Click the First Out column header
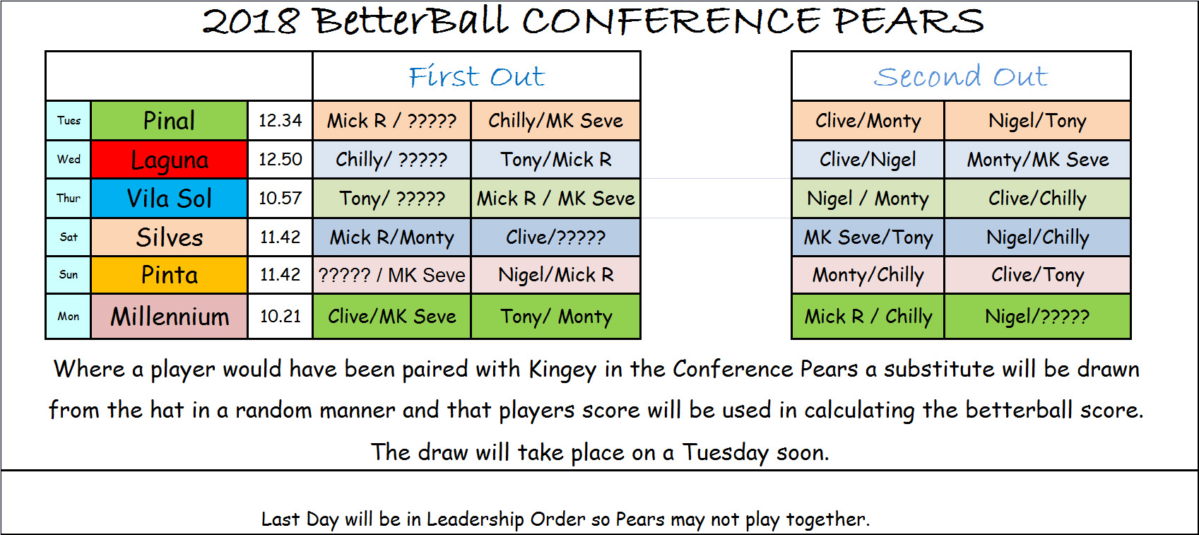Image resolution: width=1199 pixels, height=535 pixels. pos(476,76)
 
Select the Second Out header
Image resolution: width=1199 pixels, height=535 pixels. pos(961,76)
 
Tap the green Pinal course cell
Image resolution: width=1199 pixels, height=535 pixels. pos(169,120)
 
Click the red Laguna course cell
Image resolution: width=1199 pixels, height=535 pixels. pos(169,160)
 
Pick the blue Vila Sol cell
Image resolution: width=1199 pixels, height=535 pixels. pos(169,198)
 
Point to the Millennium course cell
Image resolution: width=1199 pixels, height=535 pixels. pos(169,317)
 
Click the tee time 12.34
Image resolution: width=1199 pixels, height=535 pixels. pos(280,120)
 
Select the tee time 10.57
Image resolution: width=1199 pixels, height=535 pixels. pos(280,198)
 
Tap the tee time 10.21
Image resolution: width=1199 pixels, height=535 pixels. pos(280,317)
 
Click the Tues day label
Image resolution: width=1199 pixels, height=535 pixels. pos(69,120)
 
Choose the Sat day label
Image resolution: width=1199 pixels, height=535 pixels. pos(69,237)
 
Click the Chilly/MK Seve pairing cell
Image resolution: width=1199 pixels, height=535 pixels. pos(555,120)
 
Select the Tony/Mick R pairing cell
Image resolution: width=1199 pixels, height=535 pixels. pos(555,160)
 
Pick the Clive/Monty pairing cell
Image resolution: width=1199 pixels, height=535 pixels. pos(868,120)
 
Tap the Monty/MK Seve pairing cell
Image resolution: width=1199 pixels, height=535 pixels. pos(1037,160)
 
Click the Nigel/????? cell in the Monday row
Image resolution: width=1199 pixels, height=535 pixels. pos(1037,317)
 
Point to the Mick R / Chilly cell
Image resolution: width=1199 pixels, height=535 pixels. pos(868,317)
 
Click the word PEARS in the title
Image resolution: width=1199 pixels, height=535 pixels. pos(909,21)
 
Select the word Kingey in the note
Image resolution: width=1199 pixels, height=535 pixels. pos(562,370)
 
